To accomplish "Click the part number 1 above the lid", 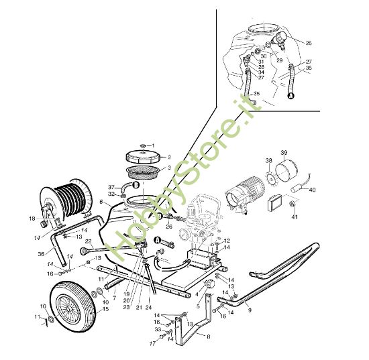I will [152, 145].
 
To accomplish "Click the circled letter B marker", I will [135, 184].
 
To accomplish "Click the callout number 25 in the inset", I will [309, 43].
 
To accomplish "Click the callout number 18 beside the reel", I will [32, 219].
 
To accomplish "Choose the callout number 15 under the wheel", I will [105, 309].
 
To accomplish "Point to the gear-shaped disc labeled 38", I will [270, 178].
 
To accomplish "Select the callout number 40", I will [312, 190].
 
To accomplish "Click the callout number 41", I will [295, 217].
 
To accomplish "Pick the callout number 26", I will [168, 227].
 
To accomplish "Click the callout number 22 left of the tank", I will [89, 241].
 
